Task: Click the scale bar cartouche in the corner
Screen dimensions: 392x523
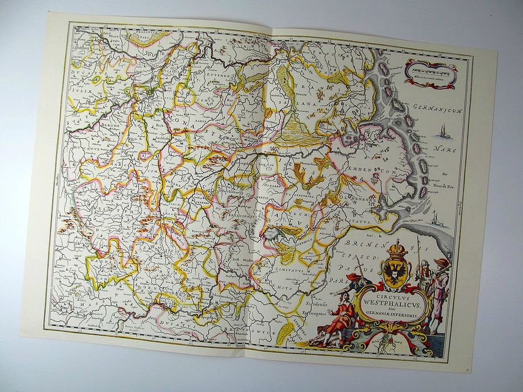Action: click(x=430, y=71)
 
